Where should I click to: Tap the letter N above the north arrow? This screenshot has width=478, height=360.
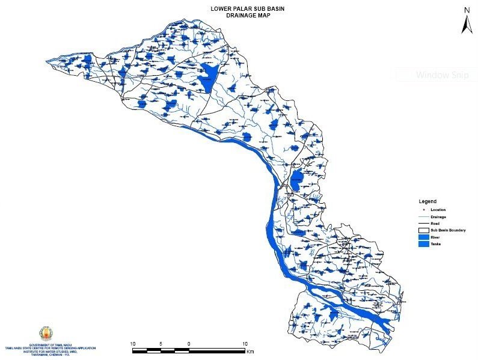coord(467,9)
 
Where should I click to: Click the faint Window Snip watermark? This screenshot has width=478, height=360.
coord(437,76)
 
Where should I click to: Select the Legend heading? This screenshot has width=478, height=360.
coord(427,201)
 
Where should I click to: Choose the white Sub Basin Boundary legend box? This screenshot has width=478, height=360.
coord(425,230)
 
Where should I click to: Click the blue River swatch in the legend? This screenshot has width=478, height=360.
coord(425,237)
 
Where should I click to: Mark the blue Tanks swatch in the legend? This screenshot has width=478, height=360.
coord(425,245)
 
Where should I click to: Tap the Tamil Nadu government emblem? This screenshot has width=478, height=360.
coord(45,333)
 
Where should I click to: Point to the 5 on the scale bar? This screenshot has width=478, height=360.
coord(161,344)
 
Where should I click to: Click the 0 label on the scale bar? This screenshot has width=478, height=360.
coord(189,344)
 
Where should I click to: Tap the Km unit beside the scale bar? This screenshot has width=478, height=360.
coord(250,351)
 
